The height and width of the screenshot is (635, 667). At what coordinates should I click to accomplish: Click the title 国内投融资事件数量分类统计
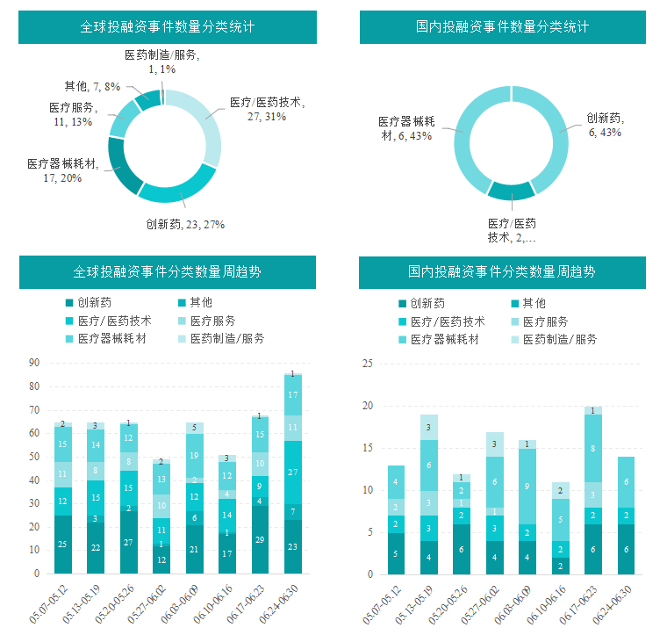pos(502,26)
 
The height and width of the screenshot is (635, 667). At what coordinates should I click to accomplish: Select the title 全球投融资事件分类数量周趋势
pos(167,272)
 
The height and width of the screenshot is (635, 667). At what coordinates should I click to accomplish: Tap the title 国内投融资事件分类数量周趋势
pos(502,272)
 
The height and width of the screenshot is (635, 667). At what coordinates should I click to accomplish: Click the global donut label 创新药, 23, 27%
pos(185,224)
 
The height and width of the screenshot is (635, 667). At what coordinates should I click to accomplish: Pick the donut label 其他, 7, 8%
pos(91,86)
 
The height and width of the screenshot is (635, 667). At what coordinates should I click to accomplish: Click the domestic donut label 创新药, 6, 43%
pos(605,126)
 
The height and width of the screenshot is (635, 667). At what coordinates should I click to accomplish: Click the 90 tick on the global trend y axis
pos(34,362)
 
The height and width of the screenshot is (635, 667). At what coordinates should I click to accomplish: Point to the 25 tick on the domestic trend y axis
pos(368,364)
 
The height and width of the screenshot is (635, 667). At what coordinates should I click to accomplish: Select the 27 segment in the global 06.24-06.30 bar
pos(293,472)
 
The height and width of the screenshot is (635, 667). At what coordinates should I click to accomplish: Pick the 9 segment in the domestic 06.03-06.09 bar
pos(527,486)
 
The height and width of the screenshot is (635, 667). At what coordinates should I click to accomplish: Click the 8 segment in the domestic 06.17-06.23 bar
pos(592,448)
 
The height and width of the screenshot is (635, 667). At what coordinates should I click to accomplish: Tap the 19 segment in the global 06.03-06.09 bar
pos(194,456)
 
